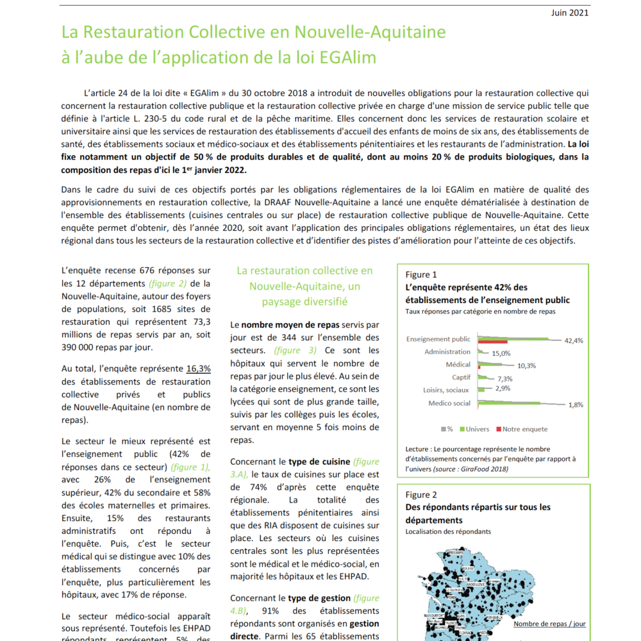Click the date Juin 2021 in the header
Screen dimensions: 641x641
click(x=570, y=13)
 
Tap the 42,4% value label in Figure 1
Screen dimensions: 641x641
click(x=574, y=341)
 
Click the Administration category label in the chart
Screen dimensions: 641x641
click(x=447, y=352)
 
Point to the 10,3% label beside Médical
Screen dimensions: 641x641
click(x=526, y=365)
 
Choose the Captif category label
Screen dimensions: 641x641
click(x=460, y=378)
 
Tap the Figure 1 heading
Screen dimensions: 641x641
click(x=421, y=275)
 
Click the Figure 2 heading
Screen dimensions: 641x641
click(x=421, y=495)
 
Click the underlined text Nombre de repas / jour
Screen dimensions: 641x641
click(x=549, y=624)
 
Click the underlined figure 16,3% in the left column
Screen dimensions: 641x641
click(x=199, y=369)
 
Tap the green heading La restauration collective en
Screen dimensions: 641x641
click(x=304, y=271)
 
